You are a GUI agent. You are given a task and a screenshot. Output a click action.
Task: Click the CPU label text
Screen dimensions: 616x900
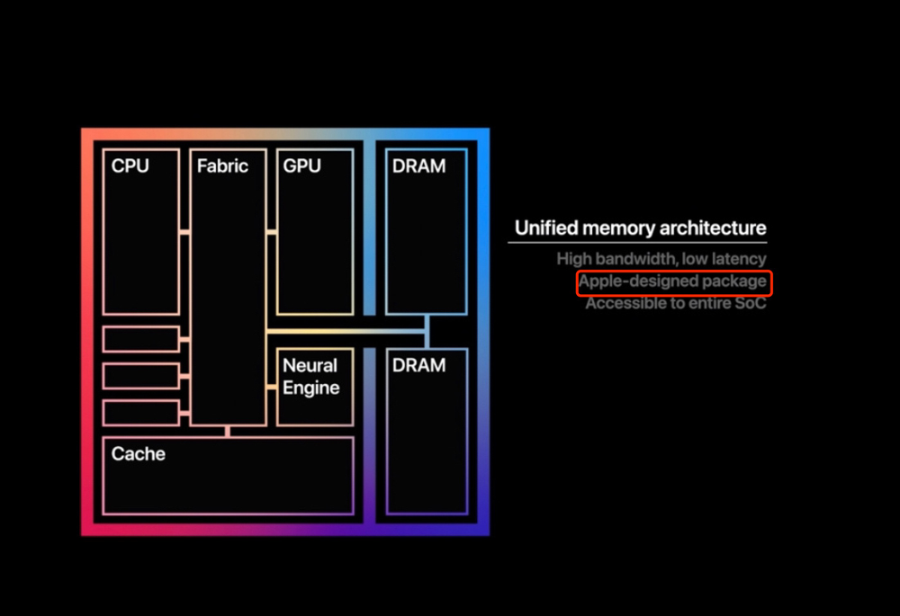[130, 166]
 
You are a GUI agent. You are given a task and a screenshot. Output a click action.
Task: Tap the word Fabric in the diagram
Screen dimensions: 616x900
[222, 166]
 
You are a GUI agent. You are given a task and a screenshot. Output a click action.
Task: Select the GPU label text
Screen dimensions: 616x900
[301, 166]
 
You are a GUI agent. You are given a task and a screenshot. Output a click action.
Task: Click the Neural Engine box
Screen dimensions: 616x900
[314, 387]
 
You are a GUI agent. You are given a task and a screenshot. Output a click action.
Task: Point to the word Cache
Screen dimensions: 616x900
[139, 454]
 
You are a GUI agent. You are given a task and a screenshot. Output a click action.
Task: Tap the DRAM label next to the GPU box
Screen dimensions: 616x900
[418, 166]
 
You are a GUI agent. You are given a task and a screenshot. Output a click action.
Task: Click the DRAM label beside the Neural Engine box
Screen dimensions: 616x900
[418, 366]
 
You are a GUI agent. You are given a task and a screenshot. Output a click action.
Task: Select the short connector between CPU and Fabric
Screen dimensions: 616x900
[184, 232]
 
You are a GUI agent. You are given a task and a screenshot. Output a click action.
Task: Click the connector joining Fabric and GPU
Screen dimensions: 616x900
[271, 232]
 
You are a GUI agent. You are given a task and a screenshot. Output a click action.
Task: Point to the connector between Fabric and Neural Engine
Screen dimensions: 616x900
[271, 388]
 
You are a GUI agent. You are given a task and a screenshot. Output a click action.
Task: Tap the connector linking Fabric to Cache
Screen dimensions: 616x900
[228, 432]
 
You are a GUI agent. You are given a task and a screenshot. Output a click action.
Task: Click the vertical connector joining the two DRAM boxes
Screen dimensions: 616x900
[427, 332]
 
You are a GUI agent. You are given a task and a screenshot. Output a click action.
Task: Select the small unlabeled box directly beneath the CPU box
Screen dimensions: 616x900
[140, 339]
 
